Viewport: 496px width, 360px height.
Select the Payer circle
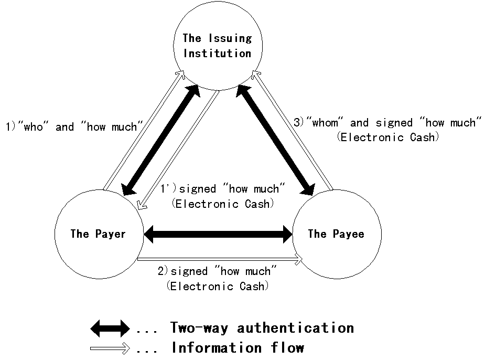coord(98,234)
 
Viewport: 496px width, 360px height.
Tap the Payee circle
coord(336,234)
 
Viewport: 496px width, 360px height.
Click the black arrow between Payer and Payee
coord(218,234)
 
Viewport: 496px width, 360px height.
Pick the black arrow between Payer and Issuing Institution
coord(160,139)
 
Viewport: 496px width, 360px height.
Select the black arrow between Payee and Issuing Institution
coord(275,139)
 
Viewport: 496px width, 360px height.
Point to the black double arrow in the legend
coord(110,329)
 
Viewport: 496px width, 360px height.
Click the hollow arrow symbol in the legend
coord(110,348)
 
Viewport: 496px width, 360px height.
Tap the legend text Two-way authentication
coord(262,329)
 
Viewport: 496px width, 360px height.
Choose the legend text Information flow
coord(238,348)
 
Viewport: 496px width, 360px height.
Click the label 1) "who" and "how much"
coord(74,126)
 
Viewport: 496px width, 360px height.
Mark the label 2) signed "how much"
coord(217,271)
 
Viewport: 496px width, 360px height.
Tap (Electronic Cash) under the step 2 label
coord(217,286)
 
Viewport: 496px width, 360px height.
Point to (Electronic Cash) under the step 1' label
coord(223,204)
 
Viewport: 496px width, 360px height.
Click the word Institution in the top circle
coord(217,54)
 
